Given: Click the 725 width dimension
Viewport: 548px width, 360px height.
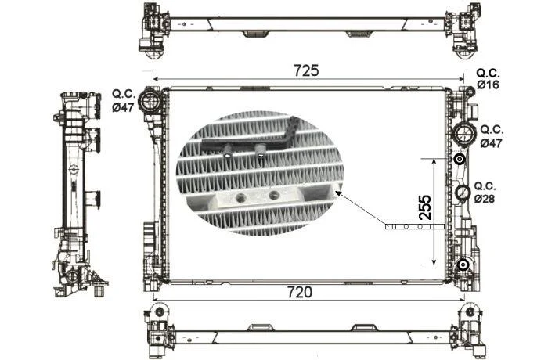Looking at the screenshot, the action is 306,70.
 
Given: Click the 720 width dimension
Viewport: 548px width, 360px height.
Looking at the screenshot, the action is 300,292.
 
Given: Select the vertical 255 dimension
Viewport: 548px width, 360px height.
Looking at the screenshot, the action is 425,207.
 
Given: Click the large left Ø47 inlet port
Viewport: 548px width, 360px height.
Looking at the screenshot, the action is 150,101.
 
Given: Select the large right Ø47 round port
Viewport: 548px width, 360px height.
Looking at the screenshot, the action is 464,134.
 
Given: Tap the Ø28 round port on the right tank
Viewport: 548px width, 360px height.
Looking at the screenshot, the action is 463,193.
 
